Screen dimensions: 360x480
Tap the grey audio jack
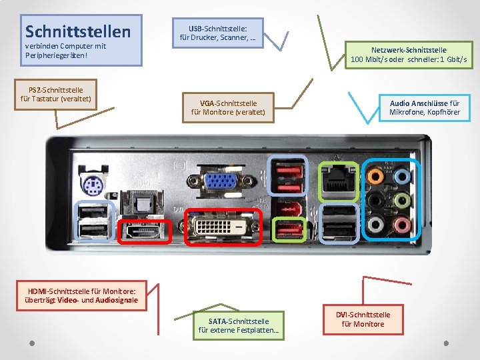click(x=376, y=224)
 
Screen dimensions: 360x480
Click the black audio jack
click(x=376, y=200)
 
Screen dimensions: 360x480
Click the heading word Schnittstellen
click(x=78, y=31)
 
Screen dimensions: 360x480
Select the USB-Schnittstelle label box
click(x=218, y=33)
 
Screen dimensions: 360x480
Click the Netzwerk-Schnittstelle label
click(x=409, y=55)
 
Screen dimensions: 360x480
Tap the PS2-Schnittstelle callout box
click(x=56, y=95)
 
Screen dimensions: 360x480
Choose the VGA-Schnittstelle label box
click(x=228, y=108)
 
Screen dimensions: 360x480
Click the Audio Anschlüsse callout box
click(x=425, y=108)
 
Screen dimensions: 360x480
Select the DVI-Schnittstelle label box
click(x=363, y=319)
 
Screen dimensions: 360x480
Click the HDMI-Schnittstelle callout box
click(x=82, y=295)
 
